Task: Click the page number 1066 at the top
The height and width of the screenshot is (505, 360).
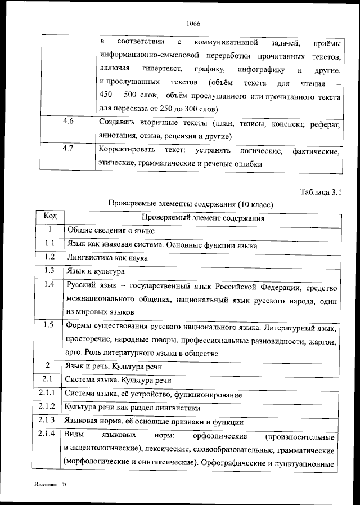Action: (x=192, y=23)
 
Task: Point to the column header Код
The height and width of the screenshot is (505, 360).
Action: (x=50, y=216)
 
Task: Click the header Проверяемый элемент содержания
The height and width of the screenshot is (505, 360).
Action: (x=203, y=217)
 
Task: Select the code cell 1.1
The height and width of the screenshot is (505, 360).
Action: (x=49, y=244)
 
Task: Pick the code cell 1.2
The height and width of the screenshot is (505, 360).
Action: (x=49, y=257)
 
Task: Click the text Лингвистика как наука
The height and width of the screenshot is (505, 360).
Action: (x=107, y=258)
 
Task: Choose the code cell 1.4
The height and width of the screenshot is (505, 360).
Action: (x=49, y=285)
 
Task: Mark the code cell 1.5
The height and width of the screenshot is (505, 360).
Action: (x=49, y=325)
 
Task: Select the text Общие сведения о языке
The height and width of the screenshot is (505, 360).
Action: (x=111, y=230)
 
